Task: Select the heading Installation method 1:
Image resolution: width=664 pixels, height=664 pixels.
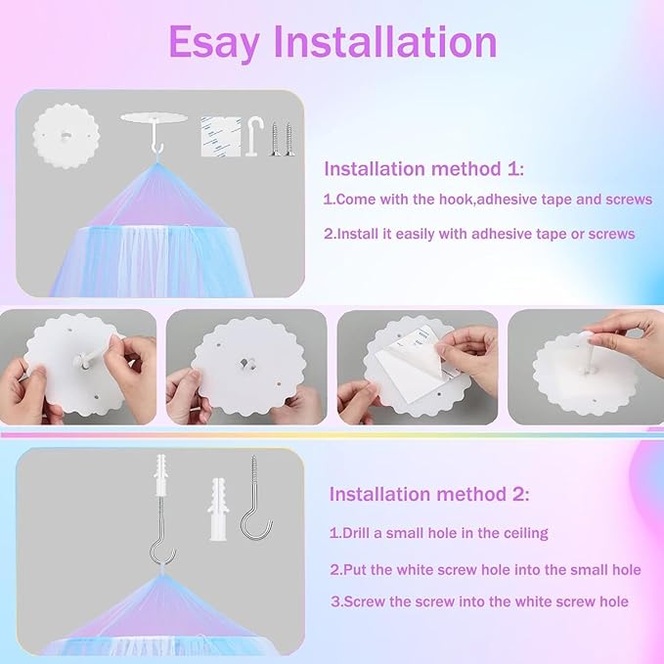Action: [x=423, y=169]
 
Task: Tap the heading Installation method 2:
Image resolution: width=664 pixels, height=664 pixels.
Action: [x=429, y=495]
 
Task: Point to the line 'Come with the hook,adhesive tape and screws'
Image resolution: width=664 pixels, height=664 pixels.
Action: [x=487, y=199]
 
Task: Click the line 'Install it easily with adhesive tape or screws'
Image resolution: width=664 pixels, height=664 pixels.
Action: [x=479, y=234]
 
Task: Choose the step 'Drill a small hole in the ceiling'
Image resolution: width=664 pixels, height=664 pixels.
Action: [x=438, y=534]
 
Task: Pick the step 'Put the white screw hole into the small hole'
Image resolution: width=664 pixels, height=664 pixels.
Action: [x=485, y=569]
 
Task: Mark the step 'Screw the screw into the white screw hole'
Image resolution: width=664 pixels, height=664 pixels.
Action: [x=478, y=601]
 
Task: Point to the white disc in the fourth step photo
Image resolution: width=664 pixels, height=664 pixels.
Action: [x=577, y=376]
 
